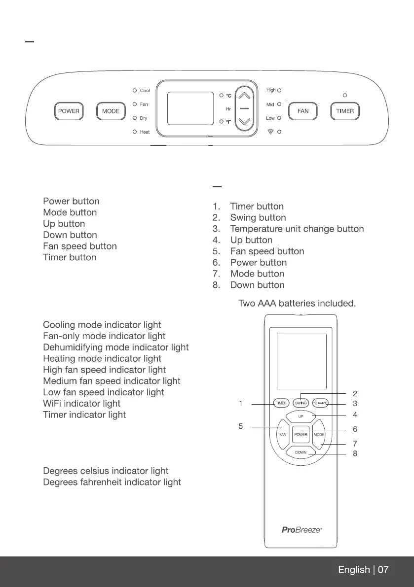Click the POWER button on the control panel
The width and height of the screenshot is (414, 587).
[x=69, y=111]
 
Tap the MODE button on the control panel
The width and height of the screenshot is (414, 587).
[x=111, y=111]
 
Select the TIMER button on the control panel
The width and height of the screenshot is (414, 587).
[x=345, y=111]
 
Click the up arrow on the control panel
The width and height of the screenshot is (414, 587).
[x=245, y=96]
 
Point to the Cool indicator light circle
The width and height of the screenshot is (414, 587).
[x=134, y=91]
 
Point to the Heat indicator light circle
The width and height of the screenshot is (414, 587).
[x=134, y=132]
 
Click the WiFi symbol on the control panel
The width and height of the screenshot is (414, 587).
[x=270, y=133]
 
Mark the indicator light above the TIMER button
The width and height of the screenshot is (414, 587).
[x=345, y=95]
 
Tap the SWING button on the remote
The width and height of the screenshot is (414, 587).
[x=301, y=403]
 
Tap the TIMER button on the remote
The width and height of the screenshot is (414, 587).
[x=281, y=403]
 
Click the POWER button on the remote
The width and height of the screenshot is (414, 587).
[x=301, y=435]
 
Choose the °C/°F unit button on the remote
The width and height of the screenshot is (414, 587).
[x=321, y=403]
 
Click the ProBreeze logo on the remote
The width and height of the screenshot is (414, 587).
[x=301, y=530]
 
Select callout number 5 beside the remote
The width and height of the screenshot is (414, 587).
[x=240, y=426]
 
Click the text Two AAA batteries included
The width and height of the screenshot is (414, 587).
[x=297, y=303]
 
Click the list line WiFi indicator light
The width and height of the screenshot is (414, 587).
[x=81, y=403]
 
